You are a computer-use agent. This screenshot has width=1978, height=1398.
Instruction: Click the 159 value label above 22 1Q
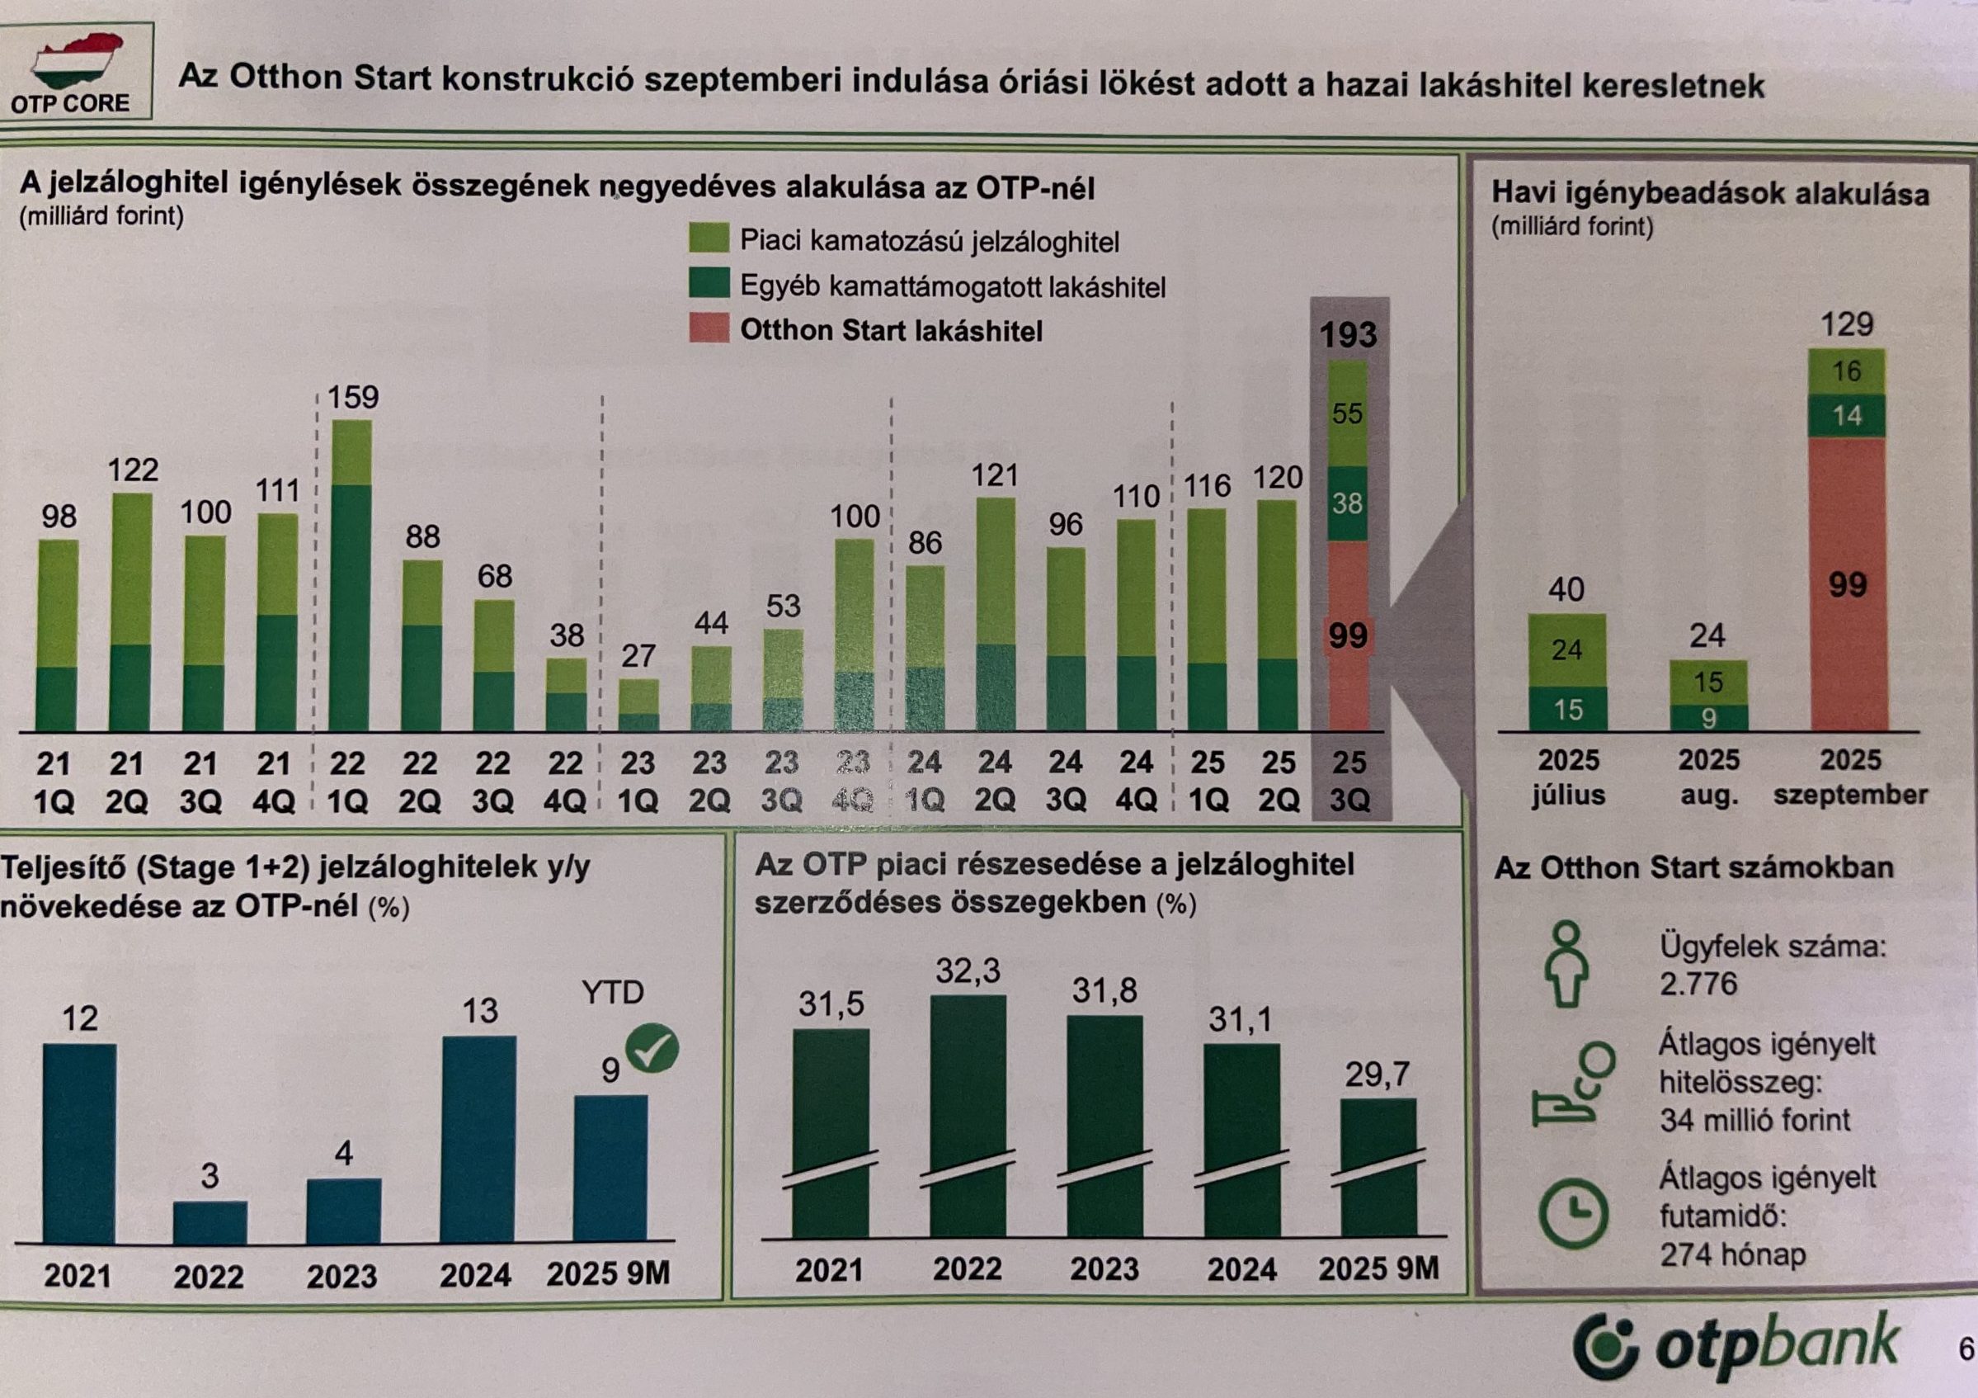(x=353, y=397)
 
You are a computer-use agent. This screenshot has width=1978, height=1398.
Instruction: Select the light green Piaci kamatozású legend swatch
(x=709, y=239)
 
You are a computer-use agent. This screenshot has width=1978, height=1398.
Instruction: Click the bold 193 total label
(x=1349, y=334)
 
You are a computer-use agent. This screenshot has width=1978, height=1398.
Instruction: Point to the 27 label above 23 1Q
(x=638, y=657)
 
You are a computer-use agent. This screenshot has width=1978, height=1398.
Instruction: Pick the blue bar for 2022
(x=210, y=1222)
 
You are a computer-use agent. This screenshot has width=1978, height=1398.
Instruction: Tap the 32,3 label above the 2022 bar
(x=968, y=972)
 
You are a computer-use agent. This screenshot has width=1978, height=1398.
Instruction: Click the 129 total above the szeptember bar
(x=1847, y=325)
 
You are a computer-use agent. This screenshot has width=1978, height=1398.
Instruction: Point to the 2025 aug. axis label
(x=1708, y=777)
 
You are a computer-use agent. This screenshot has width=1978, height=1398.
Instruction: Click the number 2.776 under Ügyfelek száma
(x=1699, y=985)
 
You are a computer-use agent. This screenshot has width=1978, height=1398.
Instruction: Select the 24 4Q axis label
(x=1137, y=782)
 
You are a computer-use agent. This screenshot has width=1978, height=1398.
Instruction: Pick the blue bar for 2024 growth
(x=478, y=1140)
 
